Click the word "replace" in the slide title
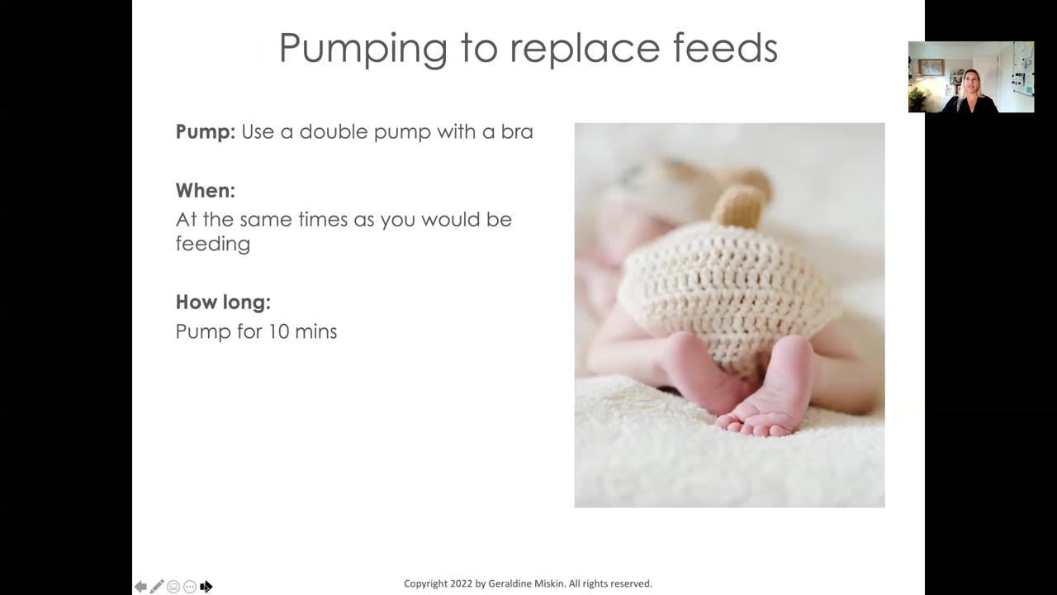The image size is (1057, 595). coord(585,49)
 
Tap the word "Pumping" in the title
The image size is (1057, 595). coord(363,49)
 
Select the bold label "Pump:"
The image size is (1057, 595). coord(206,131)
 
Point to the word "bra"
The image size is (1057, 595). coord(517,131)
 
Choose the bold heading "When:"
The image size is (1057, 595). coord(206,190)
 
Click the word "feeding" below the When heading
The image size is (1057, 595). coord(213,245)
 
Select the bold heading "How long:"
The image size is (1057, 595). coord(223,302)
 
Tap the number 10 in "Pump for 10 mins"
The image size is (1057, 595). coord(278,331)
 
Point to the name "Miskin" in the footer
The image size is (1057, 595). coord(550,583)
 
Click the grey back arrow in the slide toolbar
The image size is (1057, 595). coord(140,587)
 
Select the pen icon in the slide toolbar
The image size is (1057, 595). coord(157,586)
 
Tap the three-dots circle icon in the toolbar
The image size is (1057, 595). coord(190,587)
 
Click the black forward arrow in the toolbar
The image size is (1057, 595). coord(206,587)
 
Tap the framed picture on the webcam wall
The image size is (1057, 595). coord(931,67)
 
